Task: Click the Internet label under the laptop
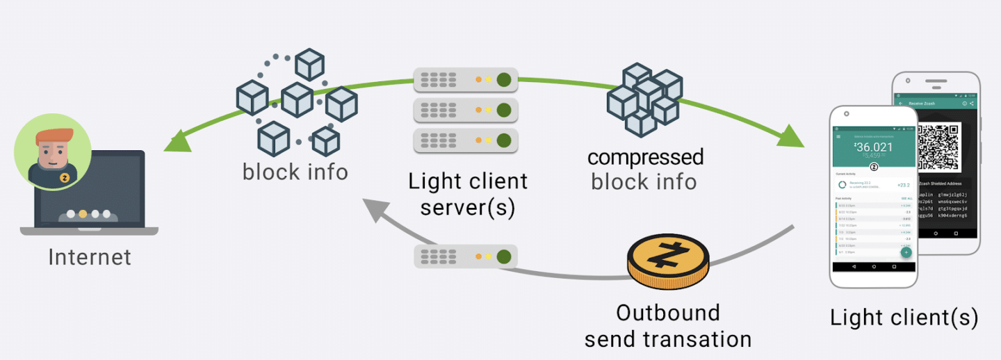point(90,257)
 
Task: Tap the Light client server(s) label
point(467,195)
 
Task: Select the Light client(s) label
point(904,318)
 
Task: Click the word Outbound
point(668,313)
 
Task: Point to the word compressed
point(645,157)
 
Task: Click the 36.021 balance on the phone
point(874,148)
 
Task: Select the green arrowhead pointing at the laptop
point(175,142)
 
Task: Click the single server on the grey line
point(466,256)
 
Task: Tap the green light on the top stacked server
point(504,79)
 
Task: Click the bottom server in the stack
point(466,140)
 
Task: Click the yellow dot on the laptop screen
point(83,214)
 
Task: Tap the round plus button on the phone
point(906,252)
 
